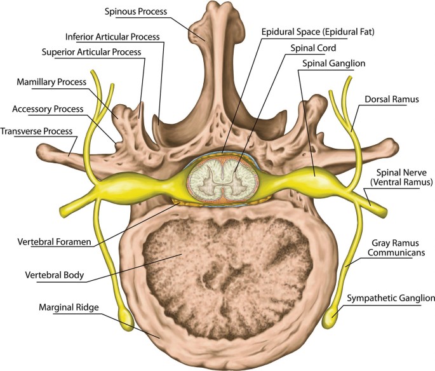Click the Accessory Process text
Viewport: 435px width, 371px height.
[47, 109]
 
